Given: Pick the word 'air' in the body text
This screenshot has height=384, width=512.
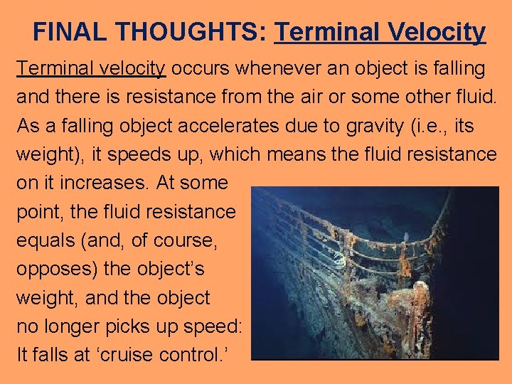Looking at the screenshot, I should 318,97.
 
